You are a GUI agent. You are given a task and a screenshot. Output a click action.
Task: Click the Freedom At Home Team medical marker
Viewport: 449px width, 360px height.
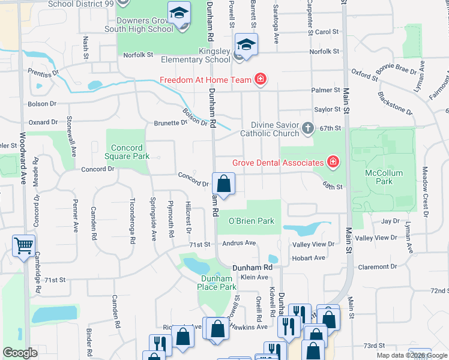[x=261, y=79]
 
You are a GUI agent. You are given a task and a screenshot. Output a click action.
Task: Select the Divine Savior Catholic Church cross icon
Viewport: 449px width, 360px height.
[x=307, y=127]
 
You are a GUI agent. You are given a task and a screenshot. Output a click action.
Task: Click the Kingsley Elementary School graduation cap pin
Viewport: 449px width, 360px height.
[x=246, y=45]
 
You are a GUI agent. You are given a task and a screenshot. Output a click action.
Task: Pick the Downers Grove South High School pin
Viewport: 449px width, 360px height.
[x=178, y=13]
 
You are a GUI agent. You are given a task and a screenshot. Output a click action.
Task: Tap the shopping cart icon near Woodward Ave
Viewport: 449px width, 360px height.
[x=23, y=245]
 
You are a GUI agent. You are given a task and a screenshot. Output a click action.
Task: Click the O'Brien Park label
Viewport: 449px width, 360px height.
[x=252, y=221]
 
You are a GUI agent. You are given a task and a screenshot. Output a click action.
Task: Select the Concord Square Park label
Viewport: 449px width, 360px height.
[x=128, y=152]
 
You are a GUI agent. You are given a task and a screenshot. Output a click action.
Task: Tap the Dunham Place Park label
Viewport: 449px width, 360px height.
[x=216, y=283]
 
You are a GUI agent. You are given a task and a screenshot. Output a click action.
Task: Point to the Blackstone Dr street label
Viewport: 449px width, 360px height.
[x=395, y=103]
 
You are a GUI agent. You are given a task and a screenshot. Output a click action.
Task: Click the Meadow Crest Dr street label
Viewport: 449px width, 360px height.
[x=425, y=191]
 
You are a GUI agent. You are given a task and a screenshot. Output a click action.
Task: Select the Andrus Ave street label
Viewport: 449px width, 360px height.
[x=239, y=244]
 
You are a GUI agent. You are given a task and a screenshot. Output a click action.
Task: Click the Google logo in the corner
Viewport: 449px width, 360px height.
[x=20, y=353]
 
